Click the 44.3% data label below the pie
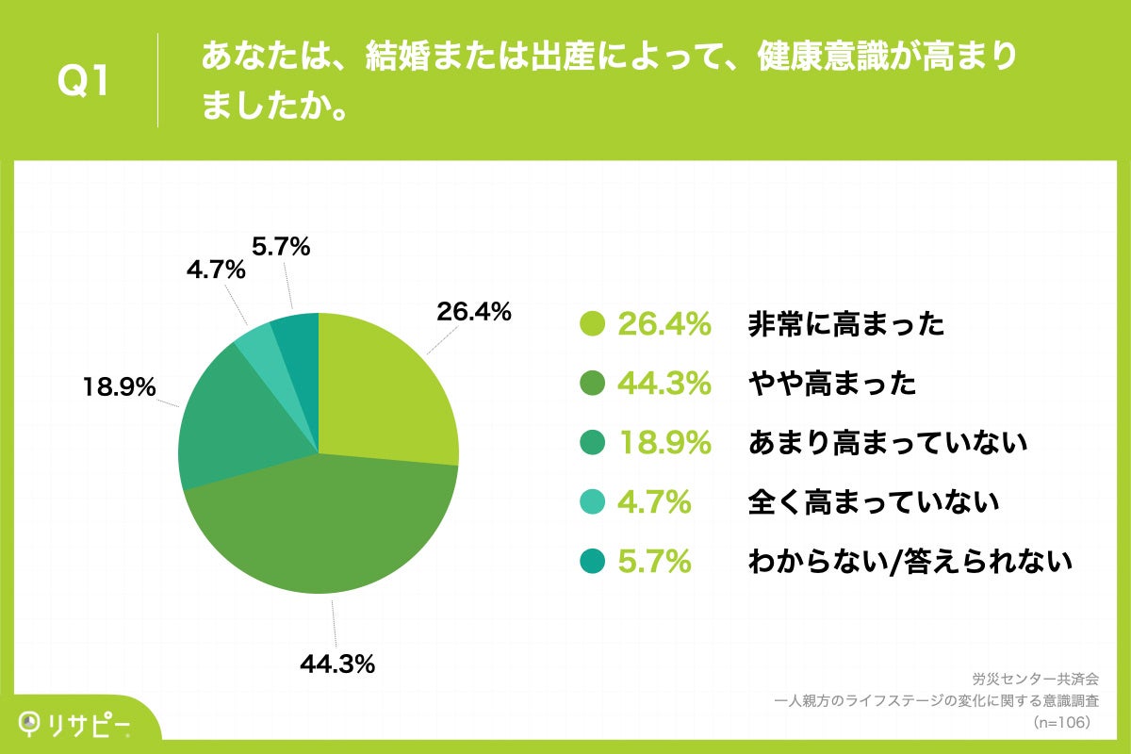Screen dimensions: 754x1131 [337, 664]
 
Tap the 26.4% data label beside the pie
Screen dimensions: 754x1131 [473, 311]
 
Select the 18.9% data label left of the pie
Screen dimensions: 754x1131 [118, 386]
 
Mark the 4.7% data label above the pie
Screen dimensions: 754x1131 [215, 271]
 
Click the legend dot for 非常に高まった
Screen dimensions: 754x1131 [591, 324]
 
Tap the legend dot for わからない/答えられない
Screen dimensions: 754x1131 [591, 562]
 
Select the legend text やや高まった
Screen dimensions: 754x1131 [831, 384]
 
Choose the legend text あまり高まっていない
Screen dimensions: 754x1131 [887, 443]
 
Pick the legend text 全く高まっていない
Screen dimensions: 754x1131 [873, 502]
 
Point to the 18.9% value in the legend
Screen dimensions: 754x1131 [664, 443]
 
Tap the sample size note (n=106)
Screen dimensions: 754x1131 [1061, 722]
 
